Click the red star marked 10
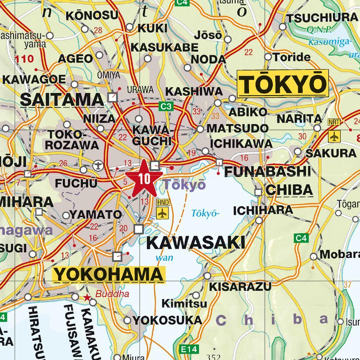[143, 179]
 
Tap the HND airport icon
[163, 213]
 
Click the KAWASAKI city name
[195, 243]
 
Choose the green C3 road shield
[166, 106]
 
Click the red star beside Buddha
[87, 297]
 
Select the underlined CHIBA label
[289, 190]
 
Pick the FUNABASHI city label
[267, 171]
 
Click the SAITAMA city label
[62, 99]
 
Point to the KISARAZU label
[240, 287]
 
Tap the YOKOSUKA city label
[167, 320]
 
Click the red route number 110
[24, 59]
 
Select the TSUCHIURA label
[322, 18]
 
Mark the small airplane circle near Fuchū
[97, 166]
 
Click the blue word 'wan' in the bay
[165, 257]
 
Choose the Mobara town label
[339, 254]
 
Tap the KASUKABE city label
[165, 47]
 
